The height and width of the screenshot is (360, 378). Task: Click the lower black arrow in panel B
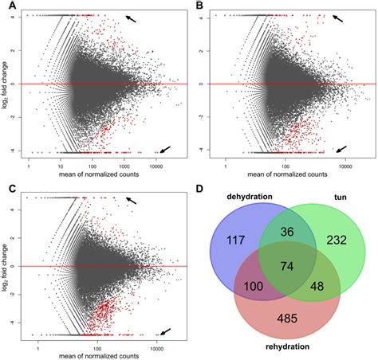pyautogui.click(x=341, y=147)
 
